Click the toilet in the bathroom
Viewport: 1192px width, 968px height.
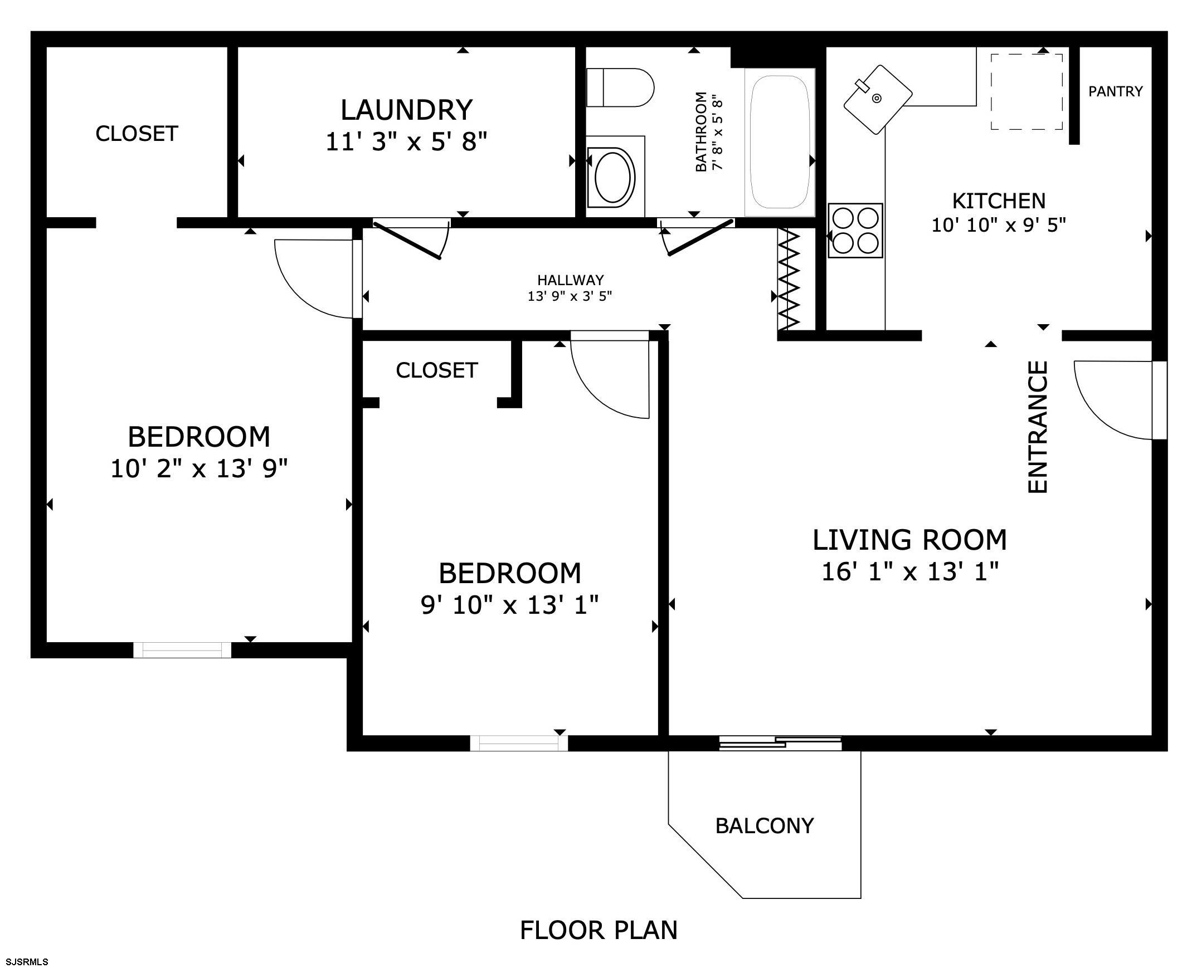point(620,87)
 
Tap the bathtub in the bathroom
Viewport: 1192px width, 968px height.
point(780,142)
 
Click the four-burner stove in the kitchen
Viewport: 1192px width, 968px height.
point(855,230)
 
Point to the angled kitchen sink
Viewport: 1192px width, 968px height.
point(877,99)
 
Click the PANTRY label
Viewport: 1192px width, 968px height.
point(1115,91)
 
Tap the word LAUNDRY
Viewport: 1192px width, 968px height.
point(407,110)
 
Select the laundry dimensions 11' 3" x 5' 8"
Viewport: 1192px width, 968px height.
point(407,142)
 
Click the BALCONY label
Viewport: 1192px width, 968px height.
point(764,826)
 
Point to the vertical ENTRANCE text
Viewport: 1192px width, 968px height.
point(1038,427)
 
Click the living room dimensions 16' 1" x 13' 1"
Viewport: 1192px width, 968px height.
point(910,572)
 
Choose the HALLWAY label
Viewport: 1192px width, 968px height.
point(570,280)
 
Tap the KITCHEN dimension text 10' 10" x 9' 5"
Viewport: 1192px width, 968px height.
point(999,225)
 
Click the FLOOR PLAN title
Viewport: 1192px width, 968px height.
point(599,930)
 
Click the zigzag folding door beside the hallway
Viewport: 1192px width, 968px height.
point(789,278)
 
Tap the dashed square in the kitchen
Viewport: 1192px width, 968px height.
point(1026,92)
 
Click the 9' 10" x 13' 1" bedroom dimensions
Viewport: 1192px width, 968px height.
point(509,605)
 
